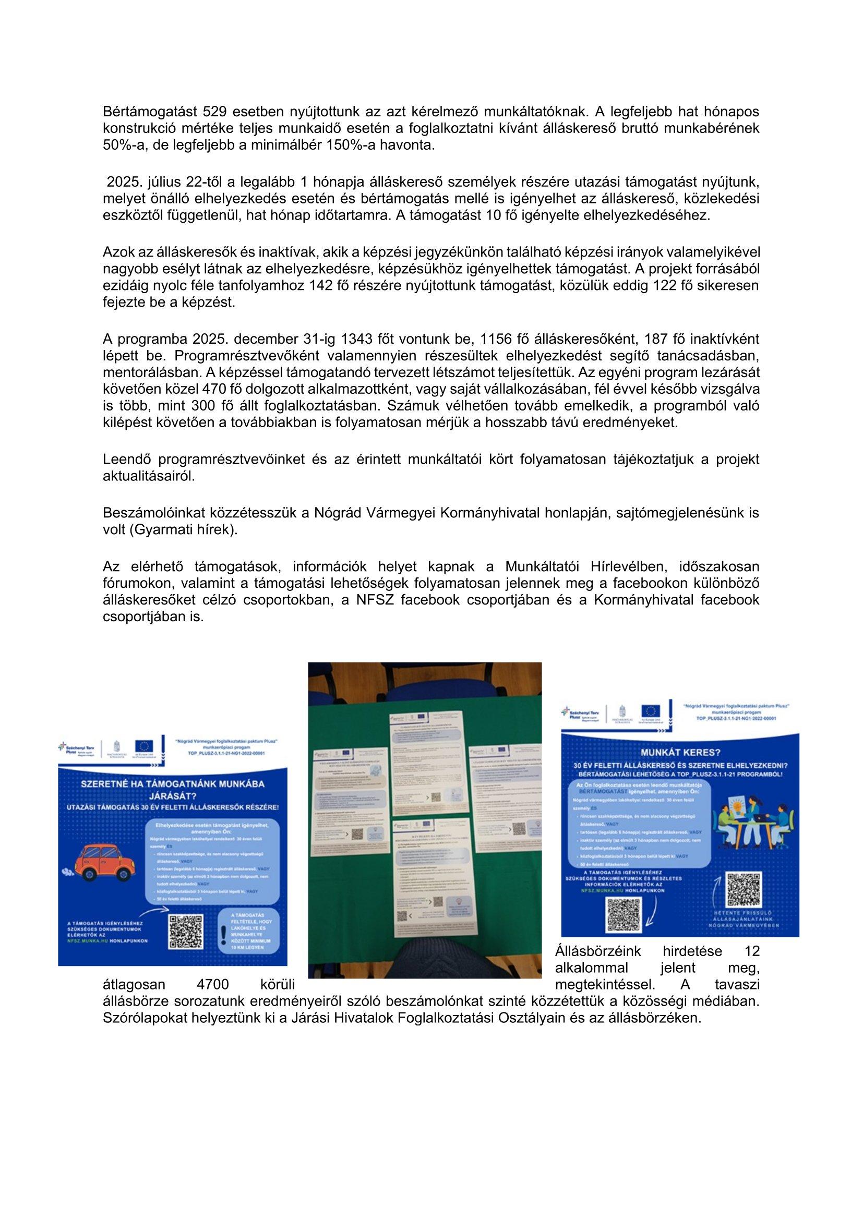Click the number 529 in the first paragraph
click(214, 112)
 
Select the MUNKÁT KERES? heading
click(680, 753)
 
